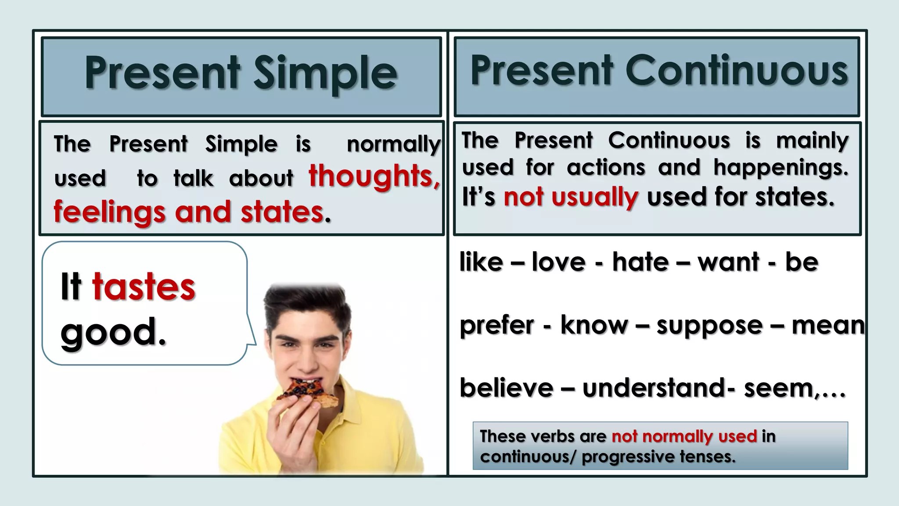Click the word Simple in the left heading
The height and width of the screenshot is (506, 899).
tap(325, 74)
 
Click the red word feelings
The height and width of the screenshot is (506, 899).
tap(109, 212)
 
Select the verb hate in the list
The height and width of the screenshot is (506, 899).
tap(640, 262)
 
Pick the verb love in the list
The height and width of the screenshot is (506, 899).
tap(558, 262)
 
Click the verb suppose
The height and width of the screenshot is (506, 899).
tap(709, 326)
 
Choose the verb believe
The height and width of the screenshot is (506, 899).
tap(506, 388)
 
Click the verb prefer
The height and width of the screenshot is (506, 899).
tap(496, 326)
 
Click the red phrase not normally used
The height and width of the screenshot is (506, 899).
tap(684, 436)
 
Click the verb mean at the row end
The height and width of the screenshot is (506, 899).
tap(827, 325)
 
